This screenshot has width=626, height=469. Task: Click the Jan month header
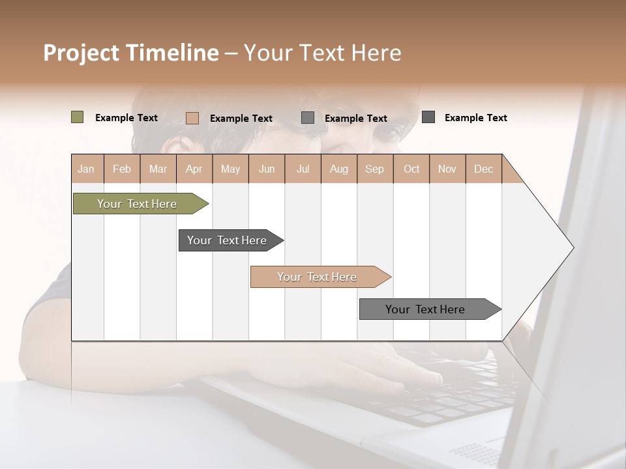(86, 169)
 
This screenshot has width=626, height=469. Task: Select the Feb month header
(122, 169)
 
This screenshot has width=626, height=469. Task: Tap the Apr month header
(194, 169)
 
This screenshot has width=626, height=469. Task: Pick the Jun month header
(267, 169)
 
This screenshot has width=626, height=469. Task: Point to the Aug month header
(338, 169)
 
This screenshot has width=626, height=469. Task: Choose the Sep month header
(374, 169)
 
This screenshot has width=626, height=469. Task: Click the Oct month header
(411, 169)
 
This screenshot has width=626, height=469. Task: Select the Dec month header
(483, 169)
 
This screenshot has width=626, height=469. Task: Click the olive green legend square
(77, 117)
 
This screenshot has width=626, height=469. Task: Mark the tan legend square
(192, 118)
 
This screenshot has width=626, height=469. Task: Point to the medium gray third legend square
(308, 118)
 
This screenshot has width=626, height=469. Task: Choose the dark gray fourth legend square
(428, 117)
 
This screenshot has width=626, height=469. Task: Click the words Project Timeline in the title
(131, 53)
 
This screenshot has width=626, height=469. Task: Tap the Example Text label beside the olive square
(127, 118)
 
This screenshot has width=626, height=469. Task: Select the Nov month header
(447, 169)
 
